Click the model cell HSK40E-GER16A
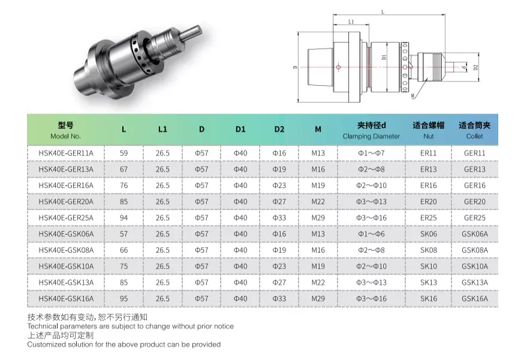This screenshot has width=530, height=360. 66,185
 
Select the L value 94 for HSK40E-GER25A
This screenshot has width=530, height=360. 124,218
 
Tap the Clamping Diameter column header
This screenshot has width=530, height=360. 371,130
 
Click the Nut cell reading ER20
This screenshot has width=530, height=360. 428,202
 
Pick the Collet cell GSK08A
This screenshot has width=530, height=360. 475,250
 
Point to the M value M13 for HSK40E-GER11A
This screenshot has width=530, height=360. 318,153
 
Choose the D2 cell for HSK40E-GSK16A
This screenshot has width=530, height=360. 279,299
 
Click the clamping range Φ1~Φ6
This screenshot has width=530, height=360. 371,234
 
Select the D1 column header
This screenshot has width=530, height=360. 240,129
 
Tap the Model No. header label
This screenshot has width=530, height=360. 65,136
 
